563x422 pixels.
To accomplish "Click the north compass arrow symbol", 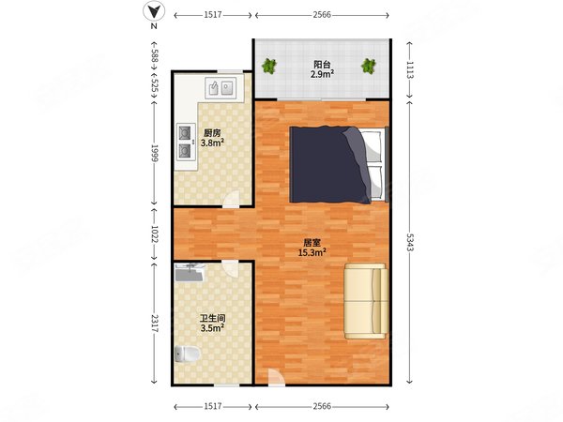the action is (154, 12).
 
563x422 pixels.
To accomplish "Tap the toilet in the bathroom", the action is (187, 354).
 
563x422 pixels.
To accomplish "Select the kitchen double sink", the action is (221, 88).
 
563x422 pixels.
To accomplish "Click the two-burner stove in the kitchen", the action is (185, 142).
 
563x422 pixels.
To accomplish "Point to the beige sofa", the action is (366, 301).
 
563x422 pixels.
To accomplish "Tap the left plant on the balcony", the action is (269, 67).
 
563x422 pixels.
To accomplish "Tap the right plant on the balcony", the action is (369, 67).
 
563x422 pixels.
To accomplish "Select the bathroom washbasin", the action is (190, 273).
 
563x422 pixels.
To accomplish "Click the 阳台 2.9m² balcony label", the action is (322, 69).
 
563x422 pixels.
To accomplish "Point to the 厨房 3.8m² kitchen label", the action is (212, 138).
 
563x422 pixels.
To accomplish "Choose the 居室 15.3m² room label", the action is (312, 248).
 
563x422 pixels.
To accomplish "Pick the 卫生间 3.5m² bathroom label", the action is (213, 323).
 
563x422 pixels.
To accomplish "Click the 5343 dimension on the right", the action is (410, 242).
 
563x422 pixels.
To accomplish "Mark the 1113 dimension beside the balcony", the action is (410, 70).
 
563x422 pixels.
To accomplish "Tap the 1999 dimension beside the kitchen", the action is (155, 153).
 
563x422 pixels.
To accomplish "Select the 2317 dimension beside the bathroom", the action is (155, 324).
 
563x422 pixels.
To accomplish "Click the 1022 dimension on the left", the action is (155, 234).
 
